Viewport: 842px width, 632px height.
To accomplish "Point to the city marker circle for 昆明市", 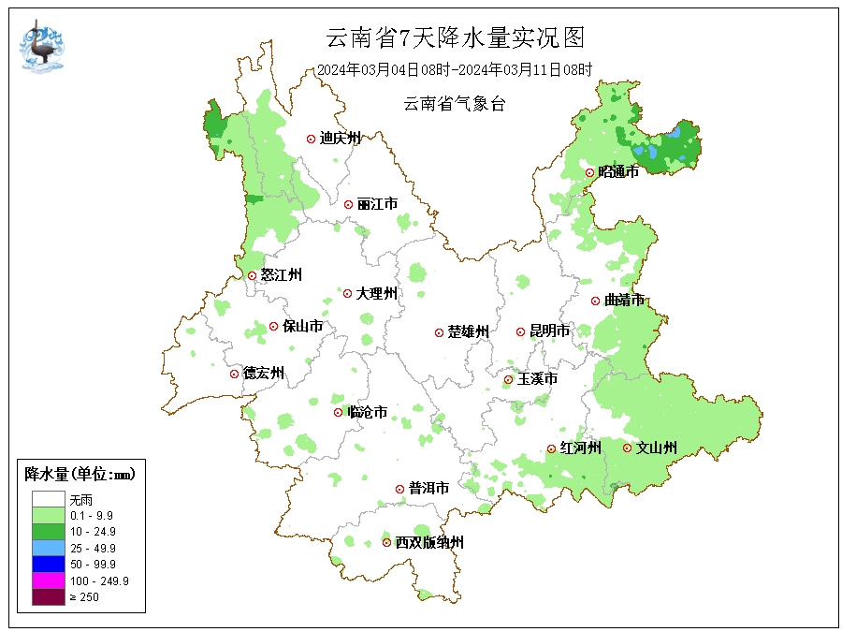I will point(521,331).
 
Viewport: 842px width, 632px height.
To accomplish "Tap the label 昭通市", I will point(618,172).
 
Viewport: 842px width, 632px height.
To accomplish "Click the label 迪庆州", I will point(340,139).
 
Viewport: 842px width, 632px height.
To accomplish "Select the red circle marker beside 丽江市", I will point(348,204).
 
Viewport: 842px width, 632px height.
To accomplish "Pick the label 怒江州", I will point(281,275).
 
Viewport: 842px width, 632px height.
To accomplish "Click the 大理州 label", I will point(376,294).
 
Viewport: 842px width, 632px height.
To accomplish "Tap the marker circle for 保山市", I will point(273,327).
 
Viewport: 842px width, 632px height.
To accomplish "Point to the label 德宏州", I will point(264,374).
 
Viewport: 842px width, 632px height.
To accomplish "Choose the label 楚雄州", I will point(468,332).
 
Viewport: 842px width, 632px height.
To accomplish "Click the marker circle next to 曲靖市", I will point(595,301).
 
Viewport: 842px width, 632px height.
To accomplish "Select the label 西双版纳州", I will point(428,543).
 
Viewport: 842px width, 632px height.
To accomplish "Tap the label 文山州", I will point(657,448).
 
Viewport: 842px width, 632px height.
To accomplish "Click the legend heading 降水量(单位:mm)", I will point(80,475).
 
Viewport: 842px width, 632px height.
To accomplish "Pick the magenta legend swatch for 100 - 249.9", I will point(48,581).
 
